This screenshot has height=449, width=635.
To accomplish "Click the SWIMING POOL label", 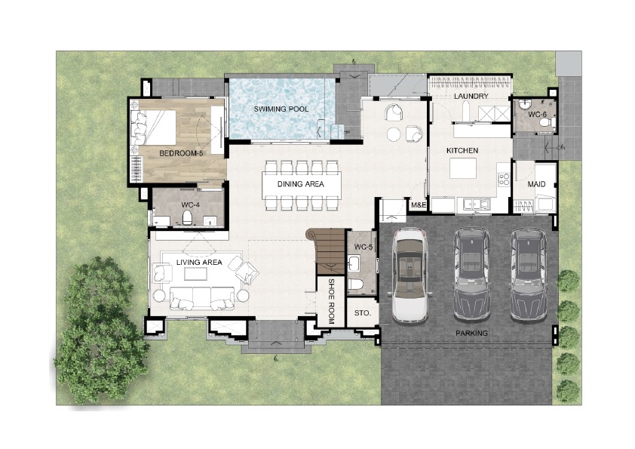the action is click(x=281, y=109).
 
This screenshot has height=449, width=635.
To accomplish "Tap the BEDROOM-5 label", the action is click(x=181, y=153).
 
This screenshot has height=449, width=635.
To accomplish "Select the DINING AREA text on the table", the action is click(x=300, y=184).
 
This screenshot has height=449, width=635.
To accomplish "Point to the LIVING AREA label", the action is click(x=199, y=262).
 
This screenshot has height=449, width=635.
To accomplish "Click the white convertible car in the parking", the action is click(x=410, y=275).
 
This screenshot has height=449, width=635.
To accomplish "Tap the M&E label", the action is click(x=419, y=205).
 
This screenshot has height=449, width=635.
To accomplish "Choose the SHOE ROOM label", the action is click(x=331, y=301).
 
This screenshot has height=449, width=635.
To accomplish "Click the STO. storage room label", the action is click(x=363, y=313).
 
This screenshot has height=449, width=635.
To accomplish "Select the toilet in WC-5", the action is click(x=355, y=284).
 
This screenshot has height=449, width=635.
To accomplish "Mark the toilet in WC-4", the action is click(x=187, y=217).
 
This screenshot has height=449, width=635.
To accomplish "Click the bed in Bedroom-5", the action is click(x=153, y=128).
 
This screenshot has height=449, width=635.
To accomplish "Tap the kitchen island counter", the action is click(x=463, y=168).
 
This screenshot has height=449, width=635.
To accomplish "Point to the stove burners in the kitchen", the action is click(x=504, y=180).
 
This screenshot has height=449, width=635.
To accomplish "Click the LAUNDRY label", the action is click(x=471, y=96).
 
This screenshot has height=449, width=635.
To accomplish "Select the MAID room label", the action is click(x=536, y=184).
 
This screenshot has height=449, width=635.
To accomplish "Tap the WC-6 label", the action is click(x=538, y=115).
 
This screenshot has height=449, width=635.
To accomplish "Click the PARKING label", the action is click(x=471, y=333).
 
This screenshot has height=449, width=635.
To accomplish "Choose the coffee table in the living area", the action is click(x=195, y=274).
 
